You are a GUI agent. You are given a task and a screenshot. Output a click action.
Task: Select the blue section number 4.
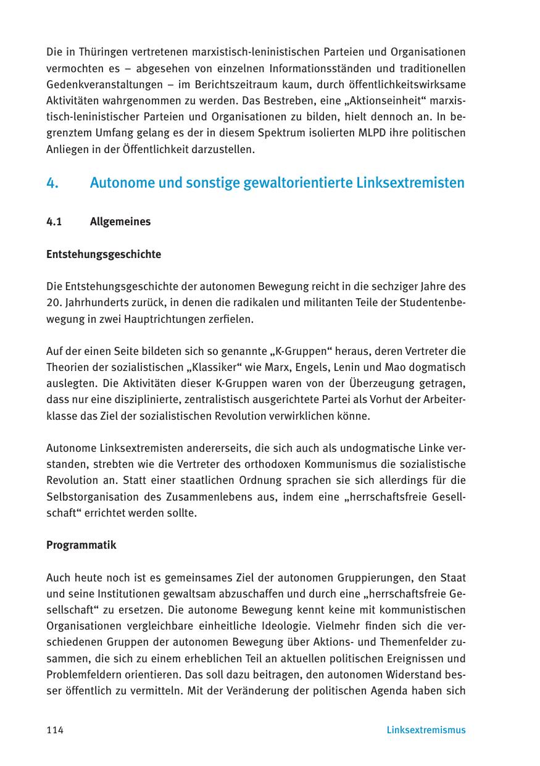point(52,183)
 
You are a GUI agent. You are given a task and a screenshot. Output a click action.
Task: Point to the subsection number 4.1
point(54,222)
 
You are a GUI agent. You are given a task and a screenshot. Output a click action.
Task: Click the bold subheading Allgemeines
point(120,222)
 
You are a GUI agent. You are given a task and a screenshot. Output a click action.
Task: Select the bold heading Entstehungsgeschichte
point(104,254)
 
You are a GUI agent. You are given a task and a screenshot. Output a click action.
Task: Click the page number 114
point(55,730)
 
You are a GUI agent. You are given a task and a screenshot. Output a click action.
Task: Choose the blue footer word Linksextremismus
point(426,730)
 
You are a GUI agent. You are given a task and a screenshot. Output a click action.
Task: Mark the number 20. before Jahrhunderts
point(54,303)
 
